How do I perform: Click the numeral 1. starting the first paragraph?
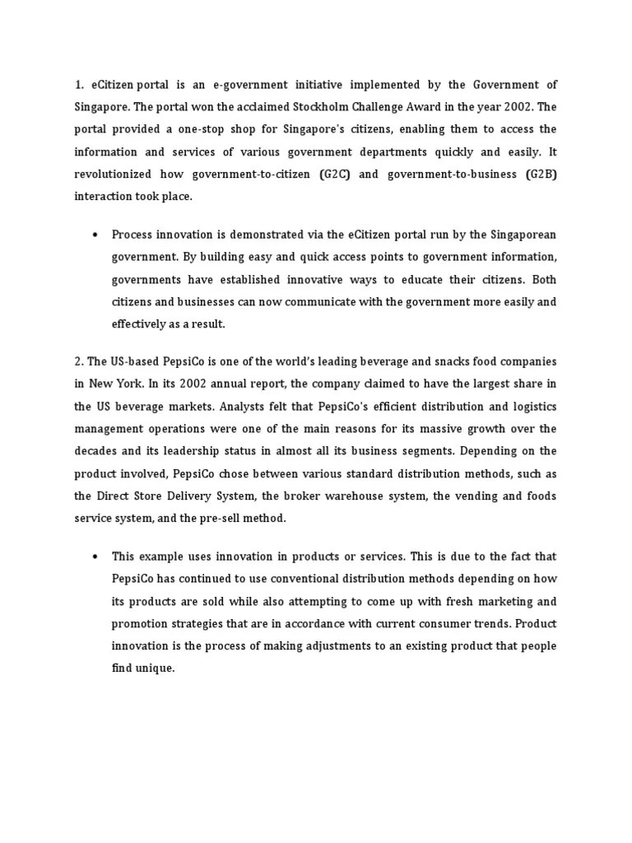click(x=79, y=85)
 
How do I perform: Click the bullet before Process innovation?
click(x=96, y=235)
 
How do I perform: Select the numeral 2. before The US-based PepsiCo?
click(x=79, y=361)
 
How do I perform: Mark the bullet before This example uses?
click(x=96, y=557)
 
